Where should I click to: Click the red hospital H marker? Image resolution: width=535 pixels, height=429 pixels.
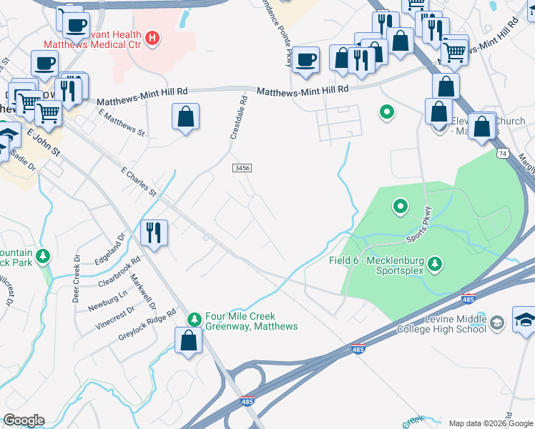pyautogui.click(x=152, y=38)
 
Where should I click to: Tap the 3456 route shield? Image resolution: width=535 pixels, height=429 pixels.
pyautogui.click(x=242, y=167)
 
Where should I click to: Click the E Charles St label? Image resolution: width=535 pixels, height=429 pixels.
pyautogui.click(x=139, y=182)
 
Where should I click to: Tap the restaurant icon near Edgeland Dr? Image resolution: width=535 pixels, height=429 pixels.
pyautogui.click(x=154, y=232)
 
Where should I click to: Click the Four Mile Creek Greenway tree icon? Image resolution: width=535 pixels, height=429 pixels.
pyautogui.click(x=192, y=318)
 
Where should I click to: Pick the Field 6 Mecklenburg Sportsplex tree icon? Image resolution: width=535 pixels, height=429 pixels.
pyautogui.click(x=434, y=266)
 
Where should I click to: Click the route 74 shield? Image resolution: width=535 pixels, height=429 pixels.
pyautogui.click(x=503, y=154)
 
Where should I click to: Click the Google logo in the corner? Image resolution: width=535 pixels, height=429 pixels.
pyautogui.click(x=24, y=420)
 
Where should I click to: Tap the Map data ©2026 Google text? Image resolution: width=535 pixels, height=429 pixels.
pyautogui.click(x=491, y=423)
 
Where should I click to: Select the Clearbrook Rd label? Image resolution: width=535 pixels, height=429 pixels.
pyautogui.click(x=118, y=272)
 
